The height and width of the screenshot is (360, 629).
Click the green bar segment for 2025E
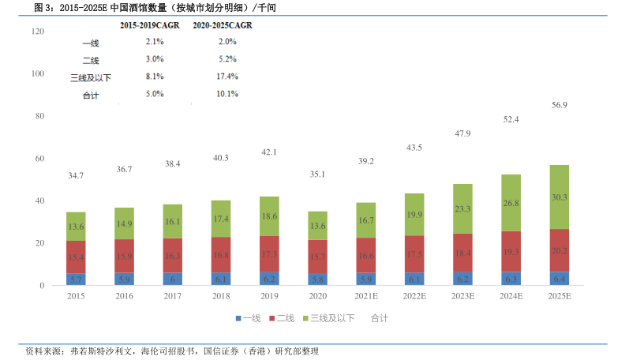[x=558, y=197]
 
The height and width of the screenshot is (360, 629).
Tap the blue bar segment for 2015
[x=76, y=279]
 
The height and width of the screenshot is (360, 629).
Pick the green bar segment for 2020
[x=317, y=225]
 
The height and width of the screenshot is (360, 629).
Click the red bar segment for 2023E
[x=462, y=253]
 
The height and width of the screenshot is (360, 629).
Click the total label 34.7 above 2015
[x=76, y=175]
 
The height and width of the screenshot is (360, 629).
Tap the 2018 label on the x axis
[x=220, y=295]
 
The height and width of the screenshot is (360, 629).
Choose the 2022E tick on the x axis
[x=414, y=295]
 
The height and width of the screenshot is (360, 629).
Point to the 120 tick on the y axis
[x=36, y=31]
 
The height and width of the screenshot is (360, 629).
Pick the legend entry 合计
[x=379, y=317]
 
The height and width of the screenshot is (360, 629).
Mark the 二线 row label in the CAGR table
[x=91, y=59]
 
